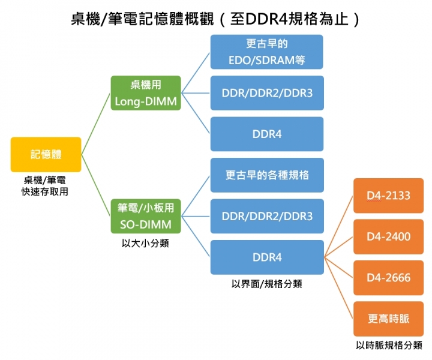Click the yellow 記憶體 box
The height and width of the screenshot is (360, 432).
(46, 155)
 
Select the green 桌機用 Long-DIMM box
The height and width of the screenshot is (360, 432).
(146, 93)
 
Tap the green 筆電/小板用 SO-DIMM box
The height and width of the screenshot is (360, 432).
(146, 216)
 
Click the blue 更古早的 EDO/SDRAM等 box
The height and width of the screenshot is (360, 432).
(266, 52)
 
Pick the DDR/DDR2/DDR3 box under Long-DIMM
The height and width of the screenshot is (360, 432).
(266, 93)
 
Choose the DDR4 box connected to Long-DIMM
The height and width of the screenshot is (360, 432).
(266, 134)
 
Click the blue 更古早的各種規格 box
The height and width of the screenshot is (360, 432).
(266, 175)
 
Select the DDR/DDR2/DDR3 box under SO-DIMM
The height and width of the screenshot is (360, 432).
(266, 216)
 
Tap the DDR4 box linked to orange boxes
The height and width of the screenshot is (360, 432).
(266, 257)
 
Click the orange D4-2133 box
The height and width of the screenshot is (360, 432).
(388, 196)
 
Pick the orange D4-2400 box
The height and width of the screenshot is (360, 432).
(388, 236)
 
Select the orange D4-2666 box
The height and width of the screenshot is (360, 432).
(388, 278)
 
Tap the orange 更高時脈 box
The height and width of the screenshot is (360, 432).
(388, 319)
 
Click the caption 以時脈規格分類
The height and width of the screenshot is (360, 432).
(388, 346)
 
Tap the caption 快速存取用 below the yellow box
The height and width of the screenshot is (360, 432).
(45, 191)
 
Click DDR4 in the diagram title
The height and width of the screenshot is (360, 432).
(262, 19)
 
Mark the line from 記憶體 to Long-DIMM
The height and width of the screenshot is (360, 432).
(96, 124)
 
